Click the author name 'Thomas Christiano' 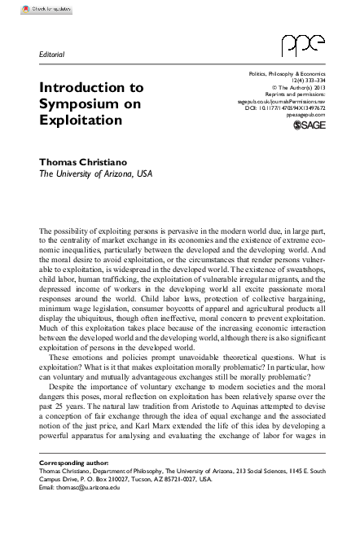[x=85, y=161]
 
